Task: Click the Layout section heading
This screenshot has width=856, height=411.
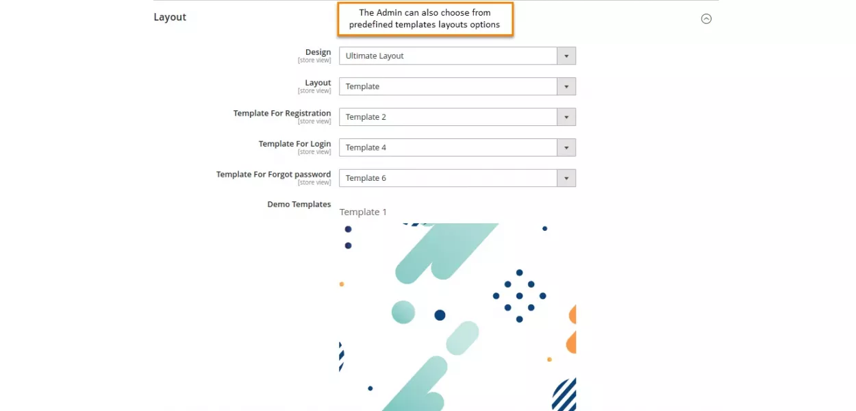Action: [x=170, y=17]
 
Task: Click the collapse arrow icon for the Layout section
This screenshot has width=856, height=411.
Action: [x=706, y=19]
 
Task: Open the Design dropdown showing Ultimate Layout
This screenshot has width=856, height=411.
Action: [x=448, y=56]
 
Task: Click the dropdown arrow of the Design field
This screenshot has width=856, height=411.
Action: [x=566, y=56]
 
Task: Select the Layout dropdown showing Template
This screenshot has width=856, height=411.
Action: [x=448, y=86]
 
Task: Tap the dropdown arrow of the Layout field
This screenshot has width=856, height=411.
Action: [x=566, y=86]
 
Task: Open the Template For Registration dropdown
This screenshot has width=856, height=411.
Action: [x=448, y=117]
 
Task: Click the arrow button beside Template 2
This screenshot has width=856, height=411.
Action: [x=566, y=117]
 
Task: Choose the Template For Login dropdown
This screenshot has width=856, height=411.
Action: [x=448, y=147]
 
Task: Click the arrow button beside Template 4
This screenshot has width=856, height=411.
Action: [x=566, y=147]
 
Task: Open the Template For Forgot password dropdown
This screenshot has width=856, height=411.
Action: [x=448, y=178]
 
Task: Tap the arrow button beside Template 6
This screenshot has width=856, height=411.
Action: [x=566, y=178]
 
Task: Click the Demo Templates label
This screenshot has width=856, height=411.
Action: [x=299, y=204]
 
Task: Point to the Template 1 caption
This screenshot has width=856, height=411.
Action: [x=363, y=212]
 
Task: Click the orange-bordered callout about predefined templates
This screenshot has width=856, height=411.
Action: [x=425, y=19]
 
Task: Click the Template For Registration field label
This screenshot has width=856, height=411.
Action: [x=281, y=113]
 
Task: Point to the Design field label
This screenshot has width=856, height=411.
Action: [x=318, y=52]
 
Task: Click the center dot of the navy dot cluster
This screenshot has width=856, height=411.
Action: [x=519, y=296]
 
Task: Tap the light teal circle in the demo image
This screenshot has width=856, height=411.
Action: [x=403, y=312]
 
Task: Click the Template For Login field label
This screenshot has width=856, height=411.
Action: [x=294, y=144]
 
